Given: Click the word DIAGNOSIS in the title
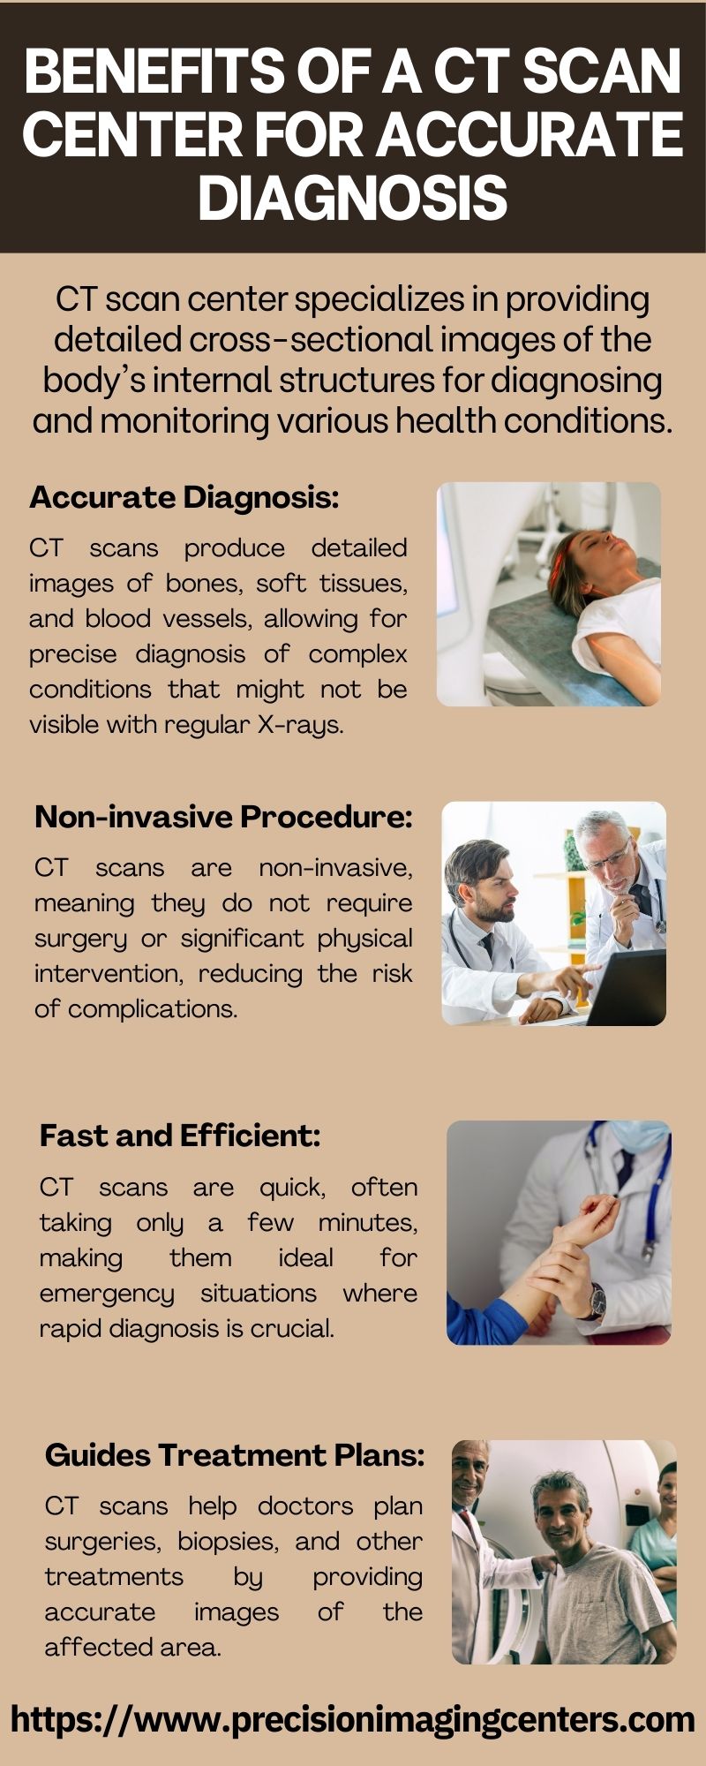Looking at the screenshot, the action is pyautogui.click(x=353, y=197).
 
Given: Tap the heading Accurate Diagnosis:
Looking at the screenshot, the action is pyautogui.click(x=184, y=498).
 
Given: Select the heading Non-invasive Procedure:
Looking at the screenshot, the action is pyautogui.click(x=223, y=817).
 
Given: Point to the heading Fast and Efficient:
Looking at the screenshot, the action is pyautogui.click(x=180, y=1136).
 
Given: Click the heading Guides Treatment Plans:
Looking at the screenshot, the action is pyautogui.click(x=235, y=1455).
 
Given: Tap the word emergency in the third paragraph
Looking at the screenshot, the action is pyautogui.click(x=107, y=1294).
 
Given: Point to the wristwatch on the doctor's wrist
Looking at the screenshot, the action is pyautogui.click(x=597, y=1300).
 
